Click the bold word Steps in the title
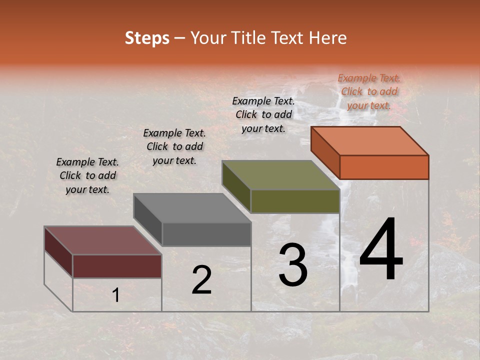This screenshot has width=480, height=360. (x=147, y=38)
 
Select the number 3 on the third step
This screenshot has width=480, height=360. (x=293, y=265)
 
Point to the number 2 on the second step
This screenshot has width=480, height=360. (x=201, y=280)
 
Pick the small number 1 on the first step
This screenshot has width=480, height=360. (x=116, y=295)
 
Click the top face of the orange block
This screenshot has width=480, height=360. (x=370, y=140)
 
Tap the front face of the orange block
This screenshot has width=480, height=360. (x=384, y=167)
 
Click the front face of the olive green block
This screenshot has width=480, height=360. (x=295, y=201)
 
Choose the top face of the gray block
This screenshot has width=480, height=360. (x=192, y=208)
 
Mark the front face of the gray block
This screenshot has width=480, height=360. (x=206, y=234)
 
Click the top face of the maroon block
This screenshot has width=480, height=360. (x=102, y=240)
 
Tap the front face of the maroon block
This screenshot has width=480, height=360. (x=117, y=266)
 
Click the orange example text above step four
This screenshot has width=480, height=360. (x=369, y=91)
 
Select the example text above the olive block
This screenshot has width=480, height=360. (x=263, y=114)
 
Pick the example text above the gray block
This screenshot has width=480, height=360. (x=174, y=146)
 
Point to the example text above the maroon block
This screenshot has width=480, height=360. (x=87, y=175)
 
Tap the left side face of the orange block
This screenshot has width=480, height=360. (x=325, y=152)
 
